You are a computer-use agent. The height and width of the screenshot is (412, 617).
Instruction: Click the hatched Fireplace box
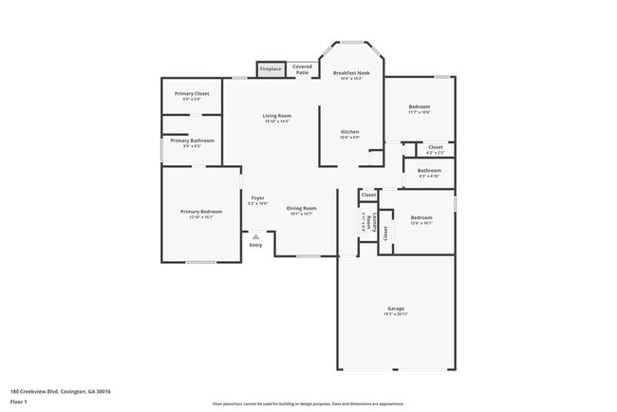[x=271, y=68]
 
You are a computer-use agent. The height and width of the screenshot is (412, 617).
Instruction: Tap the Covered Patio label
[x=302, y=69]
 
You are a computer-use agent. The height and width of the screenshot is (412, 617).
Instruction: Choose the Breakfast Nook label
[x=351, y=75]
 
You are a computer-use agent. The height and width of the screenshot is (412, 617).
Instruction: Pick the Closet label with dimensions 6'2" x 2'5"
[x=435, y=148]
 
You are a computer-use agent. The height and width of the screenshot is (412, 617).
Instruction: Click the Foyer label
[x=257, y=198]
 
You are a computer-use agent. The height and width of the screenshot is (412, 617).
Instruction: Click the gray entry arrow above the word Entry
[x=254, y=236]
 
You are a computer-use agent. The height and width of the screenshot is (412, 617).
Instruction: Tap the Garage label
[x=396, y=309]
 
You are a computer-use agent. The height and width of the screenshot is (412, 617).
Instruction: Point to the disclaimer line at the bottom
[x=308, y=403]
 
